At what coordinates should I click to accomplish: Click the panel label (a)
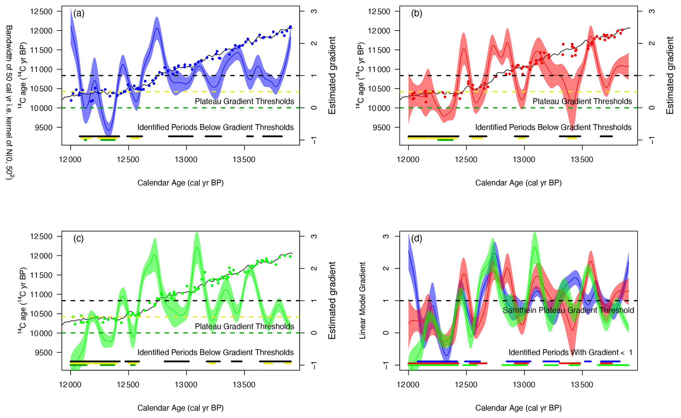79,13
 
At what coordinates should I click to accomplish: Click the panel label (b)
416,13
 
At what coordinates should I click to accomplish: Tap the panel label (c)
78,239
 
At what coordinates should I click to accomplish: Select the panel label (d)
417,239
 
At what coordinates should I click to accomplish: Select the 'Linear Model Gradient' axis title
362,300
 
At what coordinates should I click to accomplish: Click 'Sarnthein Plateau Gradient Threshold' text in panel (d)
568,310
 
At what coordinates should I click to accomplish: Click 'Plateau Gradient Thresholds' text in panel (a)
244,101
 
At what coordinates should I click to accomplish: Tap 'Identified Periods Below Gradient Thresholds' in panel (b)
553,127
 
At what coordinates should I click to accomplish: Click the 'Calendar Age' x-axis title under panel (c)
181,408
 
